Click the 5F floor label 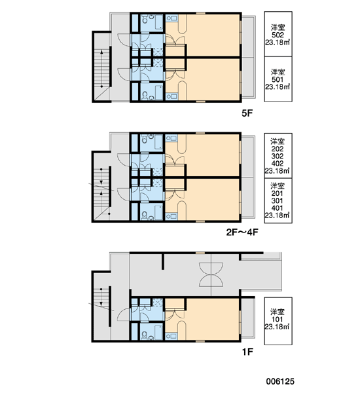(247, 113)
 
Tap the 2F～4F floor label (242, 233)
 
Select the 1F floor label (247, 352)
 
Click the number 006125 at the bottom (280, 381)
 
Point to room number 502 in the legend (278, 35)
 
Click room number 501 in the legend (278, 80)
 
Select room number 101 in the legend (278, 320)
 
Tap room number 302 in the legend (278, 156)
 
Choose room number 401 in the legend (278, 208)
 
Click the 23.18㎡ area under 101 (277, 327)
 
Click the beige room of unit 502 (211, 35)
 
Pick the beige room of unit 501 (211, 80)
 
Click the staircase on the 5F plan (102, 68)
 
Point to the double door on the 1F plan (211, 274)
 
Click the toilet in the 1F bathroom (144, 335)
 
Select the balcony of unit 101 (248, 318)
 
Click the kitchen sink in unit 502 (171, 18)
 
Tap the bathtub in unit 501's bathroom (158, 92)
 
